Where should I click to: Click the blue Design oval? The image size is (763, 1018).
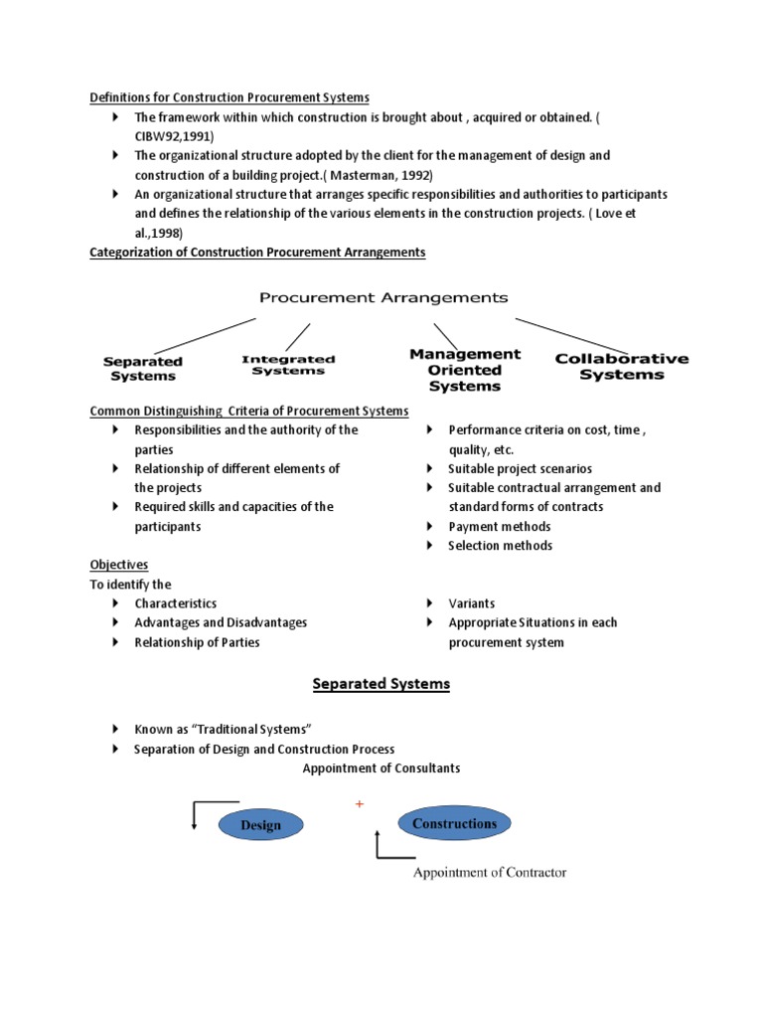tap(260, 824)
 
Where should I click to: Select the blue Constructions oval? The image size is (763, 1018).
tap(454, 823)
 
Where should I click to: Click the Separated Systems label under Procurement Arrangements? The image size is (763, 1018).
tap(143, 369)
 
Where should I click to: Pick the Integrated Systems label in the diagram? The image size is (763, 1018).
tap(288, 365)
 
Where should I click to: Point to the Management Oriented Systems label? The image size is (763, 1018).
tap(465, 369)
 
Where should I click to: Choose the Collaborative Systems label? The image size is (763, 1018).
tap(622, 366)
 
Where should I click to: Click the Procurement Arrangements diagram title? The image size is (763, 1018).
tap(383, 297)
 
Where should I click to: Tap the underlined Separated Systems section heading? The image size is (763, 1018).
tap(381, 684)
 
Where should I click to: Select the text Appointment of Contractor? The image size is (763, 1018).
tap(490, 873)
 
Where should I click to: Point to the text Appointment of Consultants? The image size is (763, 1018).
tap(381, 768)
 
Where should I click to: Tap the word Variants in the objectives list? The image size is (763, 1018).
tap(471, 603)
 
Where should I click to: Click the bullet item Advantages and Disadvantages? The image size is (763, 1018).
tap(221, 622)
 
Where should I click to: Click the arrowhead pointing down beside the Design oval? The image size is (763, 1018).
tap(195, 822)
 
